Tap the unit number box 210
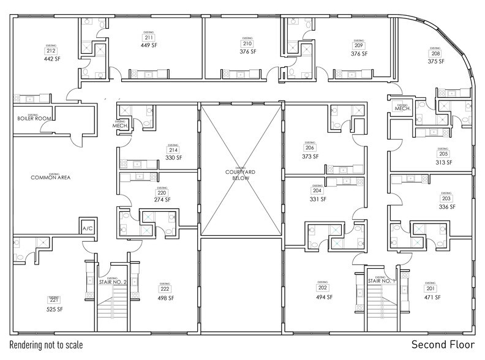coord(247,44)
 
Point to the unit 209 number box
coord(359,46)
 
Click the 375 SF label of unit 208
coord(435,61)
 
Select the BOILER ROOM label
coord(34,118)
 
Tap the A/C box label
coord(87,229)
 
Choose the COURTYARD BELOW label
coord(239,173)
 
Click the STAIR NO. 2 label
coord(113,282)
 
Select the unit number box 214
coord(173,150)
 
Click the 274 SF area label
coord(162,200)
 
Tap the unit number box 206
coord(310,148)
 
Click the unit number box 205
coord(444,154)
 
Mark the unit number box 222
coord(165,290)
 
